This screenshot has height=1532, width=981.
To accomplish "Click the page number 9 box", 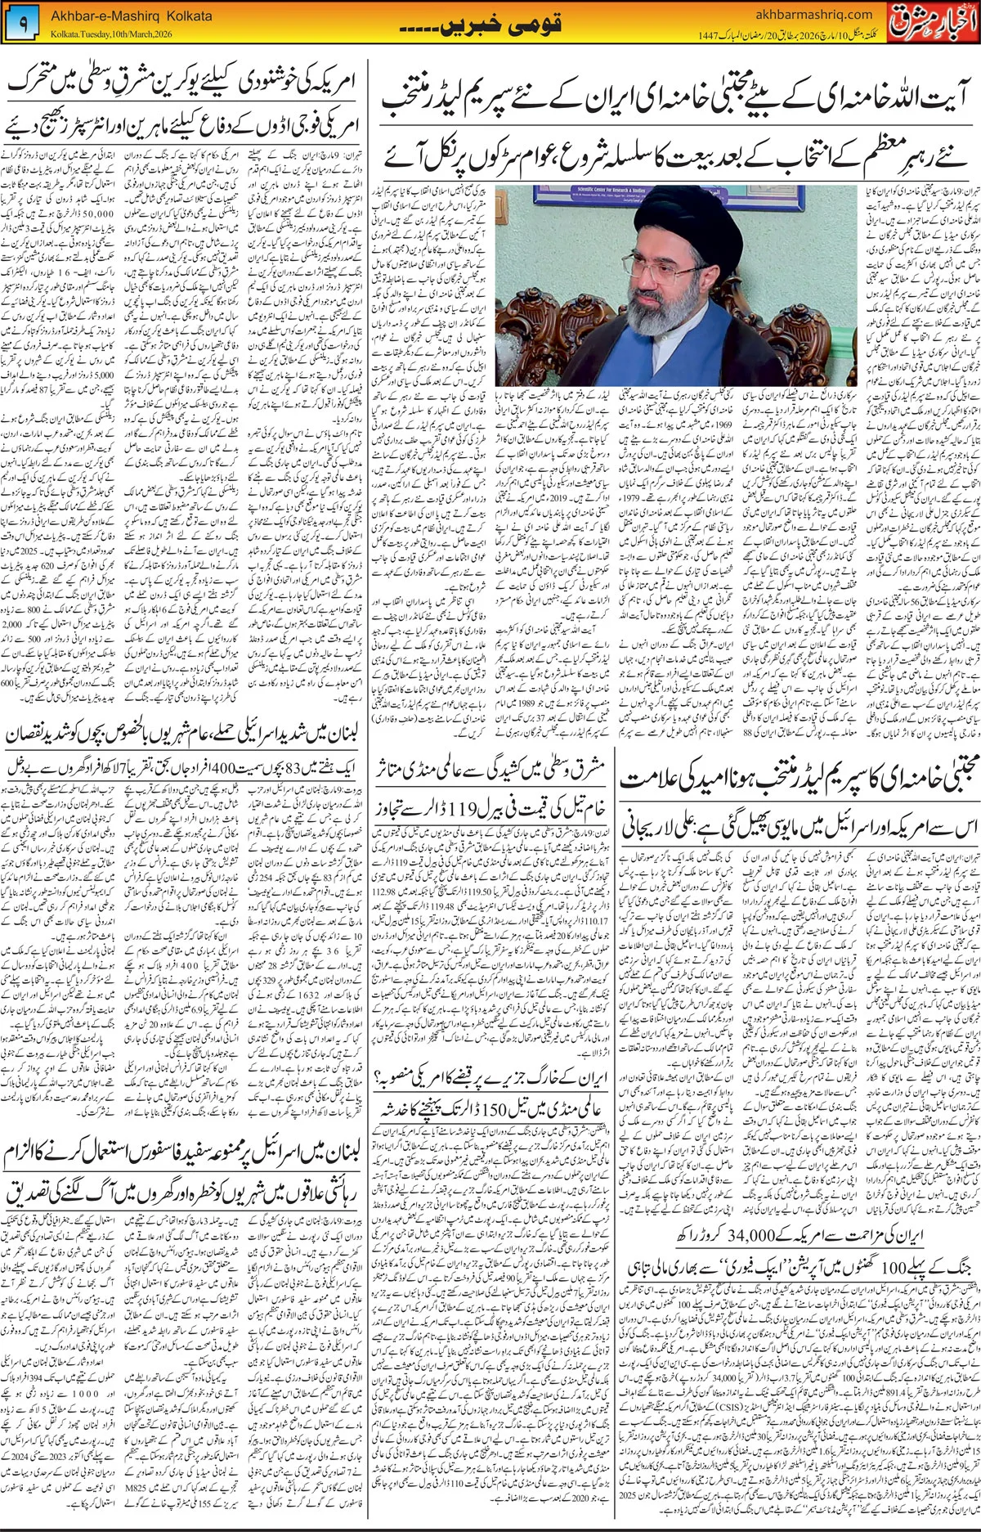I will click(x=22, y=25).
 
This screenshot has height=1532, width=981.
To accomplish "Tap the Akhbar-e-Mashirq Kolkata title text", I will click(x=132, y=16).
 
